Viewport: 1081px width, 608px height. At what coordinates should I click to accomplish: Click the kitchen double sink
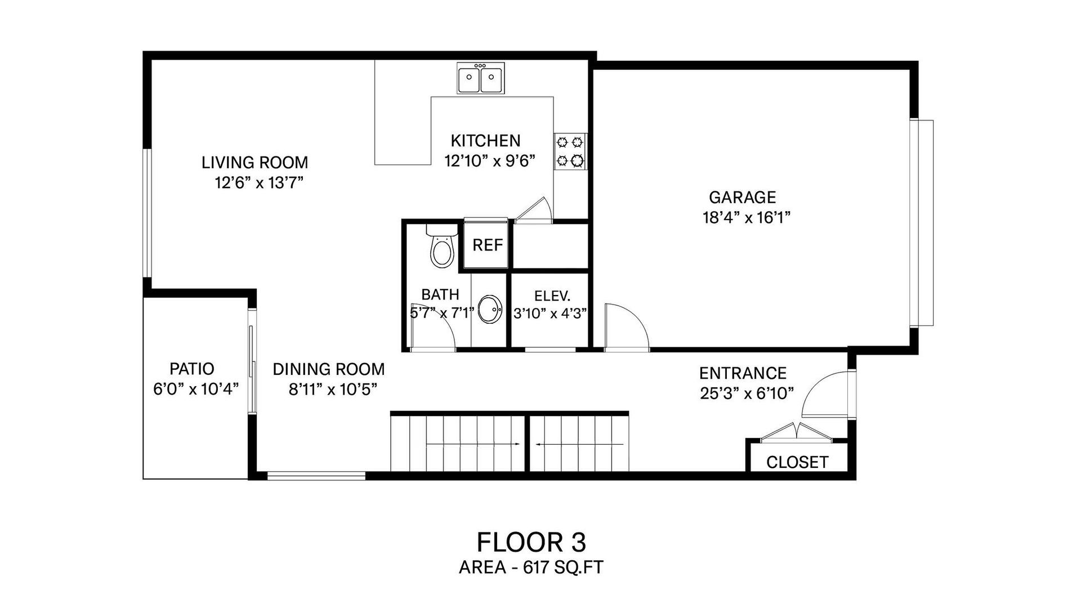[481, 78]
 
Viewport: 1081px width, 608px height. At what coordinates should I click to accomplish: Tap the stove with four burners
[570, 151]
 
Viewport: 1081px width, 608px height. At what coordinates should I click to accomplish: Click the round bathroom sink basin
[490, 310]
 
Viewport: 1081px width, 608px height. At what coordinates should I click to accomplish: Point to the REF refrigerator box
[487, 245]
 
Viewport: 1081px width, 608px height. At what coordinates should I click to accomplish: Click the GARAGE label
[742, 197]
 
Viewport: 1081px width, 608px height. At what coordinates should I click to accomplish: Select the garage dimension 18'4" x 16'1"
[747, 217]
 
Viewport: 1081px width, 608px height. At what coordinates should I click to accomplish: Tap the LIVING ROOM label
[254, 163]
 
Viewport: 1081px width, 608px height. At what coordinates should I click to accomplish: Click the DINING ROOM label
[329, 369]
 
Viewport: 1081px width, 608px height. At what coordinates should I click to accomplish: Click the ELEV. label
[552, 296]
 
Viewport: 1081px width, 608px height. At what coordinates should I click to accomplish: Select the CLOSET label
[797, 462]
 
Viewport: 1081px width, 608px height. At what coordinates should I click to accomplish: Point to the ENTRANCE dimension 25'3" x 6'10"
[747, 393]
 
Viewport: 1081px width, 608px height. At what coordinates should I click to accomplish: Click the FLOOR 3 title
[531, 542]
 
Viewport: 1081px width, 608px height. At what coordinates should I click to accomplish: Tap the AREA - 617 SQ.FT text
[531, 567]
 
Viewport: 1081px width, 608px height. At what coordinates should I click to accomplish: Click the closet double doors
[796, 431]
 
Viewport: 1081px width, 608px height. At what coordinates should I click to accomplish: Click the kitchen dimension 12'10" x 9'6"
[489, 161]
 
